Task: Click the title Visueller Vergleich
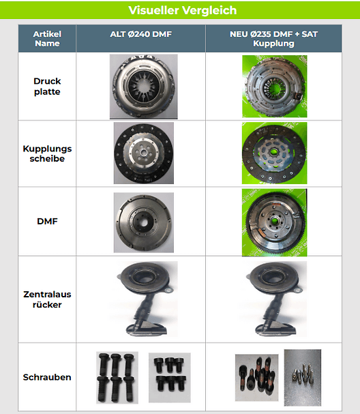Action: click(182, 10)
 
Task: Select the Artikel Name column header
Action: click(47, 39)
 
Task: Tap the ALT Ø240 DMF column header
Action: click(141, 34)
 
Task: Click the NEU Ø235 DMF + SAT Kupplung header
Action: click(273, 39)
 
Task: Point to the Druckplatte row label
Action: click(47, 87)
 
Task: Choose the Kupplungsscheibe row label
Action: click(47, 153)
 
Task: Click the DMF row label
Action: click(47, 221)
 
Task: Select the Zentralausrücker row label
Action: click(47, 299)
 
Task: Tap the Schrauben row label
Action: click(47, 377)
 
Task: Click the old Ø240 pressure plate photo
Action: click(144, 87)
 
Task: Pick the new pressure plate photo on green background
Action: click(275, 87)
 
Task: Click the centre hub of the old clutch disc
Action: click(144, 153)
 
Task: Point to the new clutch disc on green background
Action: click(274, 153)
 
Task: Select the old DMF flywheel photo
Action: click(144, 222)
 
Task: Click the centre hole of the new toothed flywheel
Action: click(274, 220)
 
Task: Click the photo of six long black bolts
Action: click(117, 378)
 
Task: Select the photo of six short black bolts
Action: click(170, 378)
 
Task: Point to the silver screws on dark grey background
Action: click(303, 378)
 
